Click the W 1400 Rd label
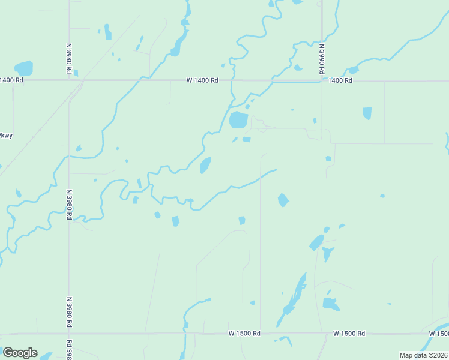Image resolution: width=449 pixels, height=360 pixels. [202, 80]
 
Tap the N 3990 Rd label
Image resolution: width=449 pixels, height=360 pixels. [322, 55]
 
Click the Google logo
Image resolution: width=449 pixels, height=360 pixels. [20, 353]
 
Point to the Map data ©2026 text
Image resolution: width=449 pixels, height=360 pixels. [423, 355]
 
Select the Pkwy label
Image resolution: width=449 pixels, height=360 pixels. [6, 136]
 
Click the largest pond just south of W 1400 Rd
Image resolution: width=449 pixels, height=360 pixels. [238, 120]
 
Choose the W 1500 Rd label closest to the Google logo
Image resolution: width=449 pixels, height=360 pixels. [244, 333]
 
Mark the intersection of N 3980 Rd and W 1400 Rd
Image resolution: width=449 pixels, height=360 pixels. [69, 80]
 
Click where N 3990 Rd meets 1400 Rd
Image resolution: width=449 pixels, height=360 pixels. [322, 80]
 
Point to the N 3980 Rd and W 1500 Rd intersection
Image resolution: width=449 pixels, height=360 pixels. [70, 333]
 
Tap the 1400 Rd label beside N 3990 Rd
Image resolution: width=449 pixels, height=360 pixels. [339, 80]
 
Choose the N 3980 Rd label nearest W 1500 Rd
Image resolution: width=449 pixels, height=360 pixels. [70, 311]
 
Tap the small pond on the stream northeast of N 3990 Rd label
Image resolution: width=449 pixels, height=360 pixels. [353, 70]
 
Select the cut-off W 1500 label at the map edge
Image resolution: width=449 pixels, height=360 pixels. [439, 333]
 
